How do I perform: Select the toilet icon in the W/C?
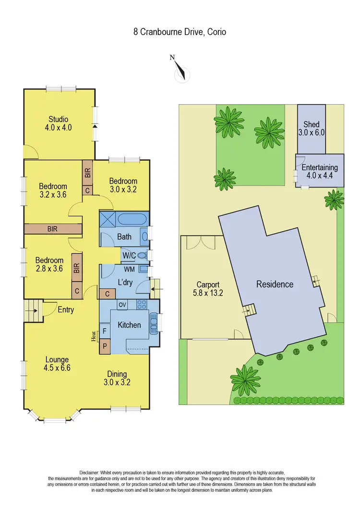(x=142, y=255)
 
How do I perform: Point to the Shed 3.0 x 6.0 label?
(x=311, y=129)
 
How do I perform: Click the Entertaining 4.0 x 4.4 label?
(x=320, y=172)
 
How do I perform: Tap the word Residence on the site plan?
(x=275, y=284)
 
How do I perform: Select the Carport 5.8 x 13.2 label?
(x=208, y=287)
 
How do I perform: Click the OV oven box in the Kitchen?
(x=122, y=305)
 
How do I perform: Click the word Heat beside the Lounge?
(x=94, y=338)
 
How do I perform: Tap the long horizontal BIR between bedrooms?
(x=52, y=229)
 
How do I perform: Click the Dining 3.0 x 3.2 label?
(x=117, y=378)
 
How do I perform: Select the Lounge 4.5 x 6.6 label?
(x=57, y=364)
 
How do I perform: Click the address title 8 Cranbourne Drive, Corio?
(x=180, y=32)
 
